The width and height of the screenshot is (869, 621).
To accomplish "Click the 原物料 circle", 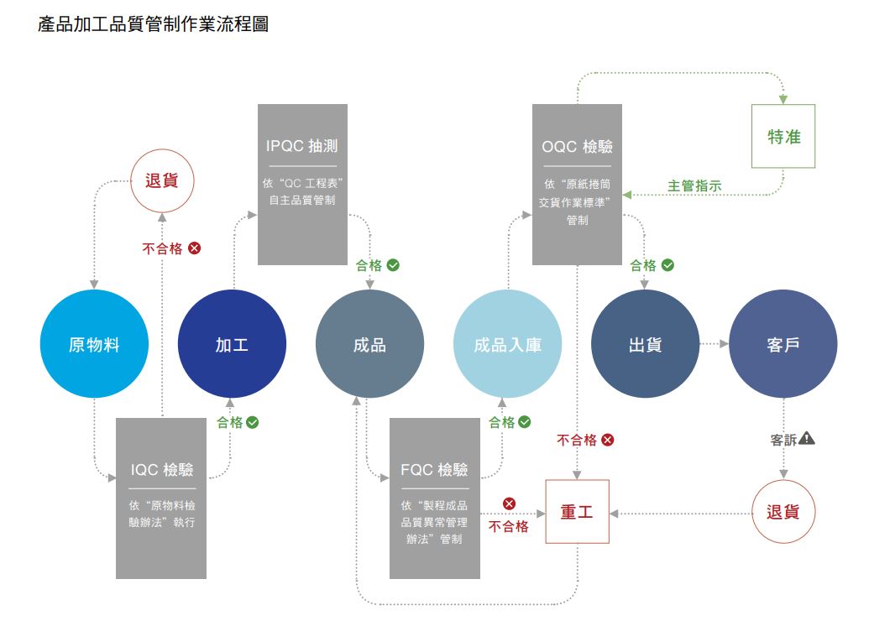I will tap(94, 344).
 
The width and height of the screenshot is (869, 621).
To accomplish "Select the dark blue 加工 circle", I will tap(232, 344).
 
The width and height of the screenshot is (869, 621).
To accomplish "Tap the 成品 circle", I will tap(369, 344).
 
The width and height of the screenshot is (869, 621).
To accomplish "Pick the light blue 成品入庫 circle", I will tap(507, 344).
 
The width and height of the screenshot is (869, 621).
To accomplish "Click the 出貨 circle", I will tap(645, 344).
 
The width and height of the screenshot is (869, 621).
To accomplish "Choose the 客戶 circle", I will tap(783, 344).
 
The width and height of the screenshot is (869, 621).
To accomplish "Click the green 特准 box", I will tap(784, 137).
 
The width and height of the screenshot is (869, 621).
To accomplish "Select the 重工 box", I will tap(577, 512).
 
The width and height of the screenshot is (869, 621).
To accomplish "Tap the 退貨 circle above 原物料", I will tap(162, 180).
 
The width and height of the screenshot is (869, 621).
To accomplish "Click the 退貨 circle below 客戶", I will tap(783, 512).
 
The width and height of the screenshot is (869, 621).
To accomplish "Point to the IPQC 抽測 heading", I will tap(302, 146).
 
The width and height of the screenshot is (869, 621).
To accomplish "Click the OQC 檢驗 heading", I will tap(578, 147).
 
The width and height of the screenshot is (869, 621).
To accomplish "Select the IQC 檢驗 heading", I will tap(161, 469).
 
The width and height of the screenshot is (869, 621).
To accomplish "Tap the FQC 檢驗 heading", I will tap(434, 469).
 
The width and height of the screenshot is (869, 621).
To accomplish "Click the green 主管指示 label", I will tap(694, 186).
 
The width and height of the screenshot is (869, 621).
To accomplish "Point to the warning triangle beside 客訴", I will tap(807, 438).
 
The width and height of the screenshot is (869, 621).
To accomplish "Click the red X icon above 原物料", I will tap(194, 248).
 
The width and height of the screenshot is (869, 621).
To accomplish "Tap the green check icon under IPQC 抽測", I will tap(393, 264).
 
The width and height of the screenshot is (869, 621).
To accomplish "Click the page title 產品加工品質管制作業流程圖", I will tap(154, 24).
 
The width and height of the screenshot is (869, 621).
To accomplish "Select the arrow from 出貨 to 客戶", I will tap(714, 343).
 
